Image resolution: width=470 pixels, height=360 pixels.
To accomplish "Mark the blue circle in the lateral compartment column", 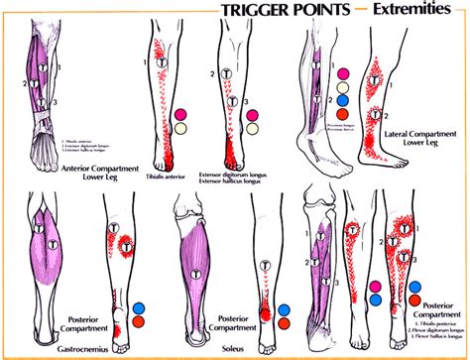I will [x=342, y=100].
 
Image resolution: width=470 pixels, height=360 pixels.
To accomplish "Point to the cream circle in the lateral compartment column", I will [x=342, y=87].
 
